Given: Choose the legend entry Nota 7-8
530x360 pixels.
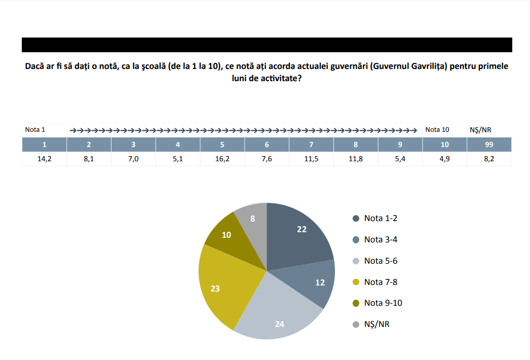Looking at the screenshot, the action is pos(375,282).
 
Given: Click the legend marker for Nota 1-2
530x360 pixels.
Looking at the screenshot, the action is pos(356,219).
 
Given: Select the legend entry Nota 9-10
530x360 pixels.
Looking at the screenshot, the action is pos(377,303).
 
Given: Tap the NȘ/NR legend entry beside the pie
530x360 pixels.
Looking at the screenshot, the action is pos(371,325).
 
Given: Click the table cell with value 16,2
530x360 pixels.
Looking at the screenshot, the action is pos(222,159).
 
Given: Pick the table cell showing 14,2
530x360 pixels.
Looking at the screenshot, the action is pos(44,159).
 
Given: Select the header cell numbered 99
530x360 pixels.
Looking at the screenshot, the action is pos(489,145).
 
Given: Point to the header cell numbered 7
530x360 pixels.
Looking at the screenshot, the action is pos(311,145).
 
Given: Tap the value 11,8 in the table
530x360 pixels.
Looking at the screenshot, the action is pos(356,159).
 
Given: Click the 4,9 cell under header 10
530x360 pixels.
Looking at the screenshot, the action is pos(444,159).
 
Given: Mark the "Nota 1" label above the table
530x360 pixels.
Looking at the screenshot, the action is pos(35,130).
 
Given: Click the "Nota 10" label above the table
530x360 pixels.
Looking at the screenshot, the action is pos(437,130).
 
